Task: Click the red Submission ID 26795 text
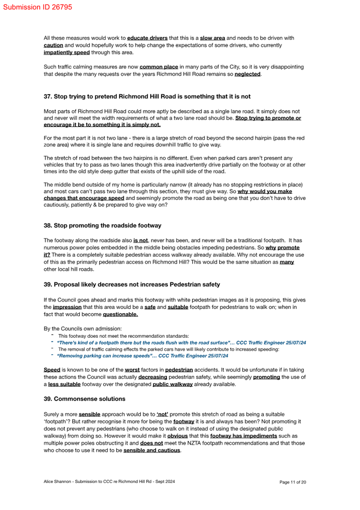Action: coord(37,7)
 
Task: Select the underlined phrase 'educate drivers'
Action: coord(147,38)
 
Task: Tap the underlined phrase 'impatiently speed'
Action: coord(67,53)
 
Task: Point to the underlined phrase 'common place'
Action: coord(159,67)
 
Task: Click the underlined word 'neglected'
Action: coord(247,74)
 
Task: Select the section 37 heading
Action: coord(147,96)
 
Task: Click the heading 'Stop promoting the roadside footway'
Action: coord(102,226)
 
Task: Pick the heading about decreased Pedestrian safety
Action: coord(132,285)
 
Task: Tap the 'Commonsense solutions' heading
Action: coord(84,399)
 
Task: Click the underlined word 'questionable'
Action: coord(120,314)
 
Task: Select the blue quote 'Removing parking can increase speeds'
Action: coord(142,356)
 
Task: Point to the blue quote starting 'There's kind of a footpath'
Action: coord(181,343)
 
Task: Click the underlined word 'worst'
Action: coord(132,370)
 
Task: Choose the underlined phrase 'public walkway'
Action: coord(173,384)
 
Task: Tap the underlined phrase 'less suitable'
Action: coord(64,384)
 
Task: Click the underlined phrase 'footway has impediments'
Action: coord(243,436)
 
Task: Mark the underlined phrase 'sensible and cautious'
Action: coord(152,451)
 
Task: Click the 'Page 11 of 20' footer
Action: coord(292,482)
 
